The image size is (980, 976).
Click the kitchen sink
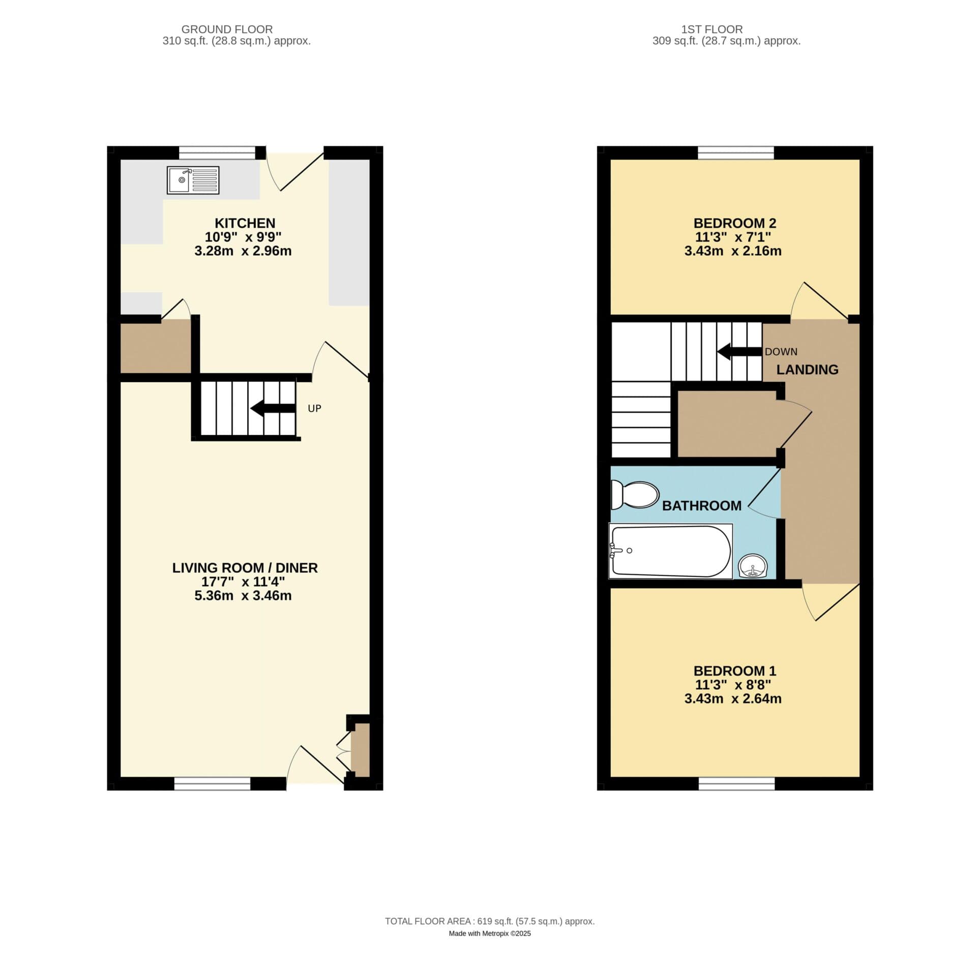tap(193, 180)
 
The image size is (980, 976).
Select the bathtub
tap(671, 551)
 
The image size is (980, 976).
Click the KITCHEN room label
tap(245, 223)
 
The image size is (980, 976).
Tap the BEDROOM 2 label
tap(734, 223)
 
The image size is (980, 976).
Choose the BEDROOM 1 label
tap(734, 670)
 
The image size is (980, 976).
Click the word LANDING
tap(807, 370)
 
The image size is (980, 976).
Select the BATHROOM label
tap(701, 505)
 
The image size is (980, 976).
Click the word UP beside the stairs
tap(314, 408)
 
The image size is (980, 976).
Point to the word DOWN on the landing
tap(781, 351)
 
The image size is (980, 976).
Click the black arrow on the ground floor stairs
tap(273, 408)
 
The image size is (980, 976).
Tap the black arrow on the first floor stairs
tap(739, 351)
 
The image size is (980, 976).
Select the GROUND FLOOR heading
tap(227, 29)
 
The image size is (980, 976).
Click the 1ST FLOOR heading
tap(712, 29)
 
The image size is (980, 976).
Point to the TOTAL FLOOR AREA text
tap(490, 935)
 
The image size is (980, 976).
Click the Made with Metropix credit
tap(490, 948)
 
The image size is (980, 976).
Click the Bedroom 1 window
tap(736, 783)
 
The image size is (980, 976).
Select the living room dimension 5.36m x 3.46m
tap(243, 595)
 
